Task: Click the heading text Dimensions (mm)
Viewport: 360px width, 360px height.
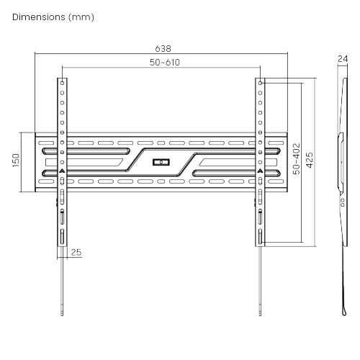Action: [53, 17]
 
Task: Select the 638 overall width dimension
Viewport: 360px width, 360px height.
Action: [163, 49]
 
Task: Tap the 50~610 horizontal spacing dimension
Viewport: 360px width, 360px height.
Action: [165, 63]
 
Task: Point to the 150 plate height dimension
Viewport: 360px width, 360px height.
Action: [16, 161]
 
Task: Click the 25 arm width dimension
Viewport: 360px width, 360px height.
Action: [76, 252]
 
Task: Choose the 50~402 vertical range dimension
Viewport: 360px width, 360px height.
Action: [297, 158]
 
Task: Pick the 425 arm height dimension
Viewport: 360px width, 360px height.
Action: [310, 160]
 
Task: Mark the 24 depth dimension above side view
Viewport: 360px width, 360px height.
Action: [343, 59]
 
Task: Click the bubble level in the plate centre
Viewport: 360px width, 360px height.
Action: [161, 162]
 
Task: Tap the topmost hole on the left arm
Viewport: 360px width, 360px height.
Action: [62, 83]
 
